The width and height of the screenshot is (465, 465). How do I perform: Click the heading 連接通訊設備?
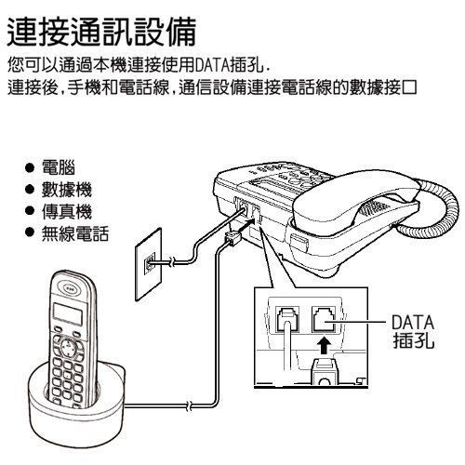click(x=101, y=32)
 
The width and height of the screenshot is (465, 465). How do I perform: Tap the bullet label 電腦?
click(x=59, y=167)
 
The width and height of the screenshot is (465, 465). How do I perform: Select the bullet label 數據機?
click(x=67, y=190)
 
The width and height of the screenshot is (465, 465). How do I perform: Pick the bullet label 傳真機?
click(x=67, y=212)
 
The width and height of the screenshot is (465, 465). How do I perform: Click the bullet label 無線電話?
click(x=75, y=233)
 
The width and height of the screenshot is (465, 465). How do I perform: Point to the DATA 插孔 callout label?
click(x=413, y=332)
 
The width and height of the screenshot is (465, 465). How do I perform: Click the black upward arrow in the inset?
click(x=324, y=345)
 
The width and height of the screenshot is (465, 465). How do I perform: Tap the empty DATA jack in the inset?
click(x=324, y=319)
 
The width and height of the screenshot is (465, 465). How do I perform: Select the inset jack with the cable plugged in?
click(x=287, y=319)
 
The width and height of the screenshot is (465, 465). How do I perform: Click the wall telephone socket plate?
click(x=149, y=264)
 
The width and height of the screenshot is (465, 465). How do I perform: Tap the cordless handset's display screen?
click(x=68, y=313)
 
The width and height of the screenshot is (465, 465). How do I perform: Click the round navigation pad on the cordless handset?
click(x=68, y=348)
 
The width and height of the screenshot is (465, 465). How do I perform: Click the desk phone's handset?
click(x=356, y=202)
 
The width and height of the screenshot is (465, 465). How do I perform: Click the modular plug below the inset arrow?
click(x=324, y=370)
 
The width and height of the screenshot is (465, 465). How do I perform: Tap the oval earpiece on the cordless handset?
click(x=71, y=288)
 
